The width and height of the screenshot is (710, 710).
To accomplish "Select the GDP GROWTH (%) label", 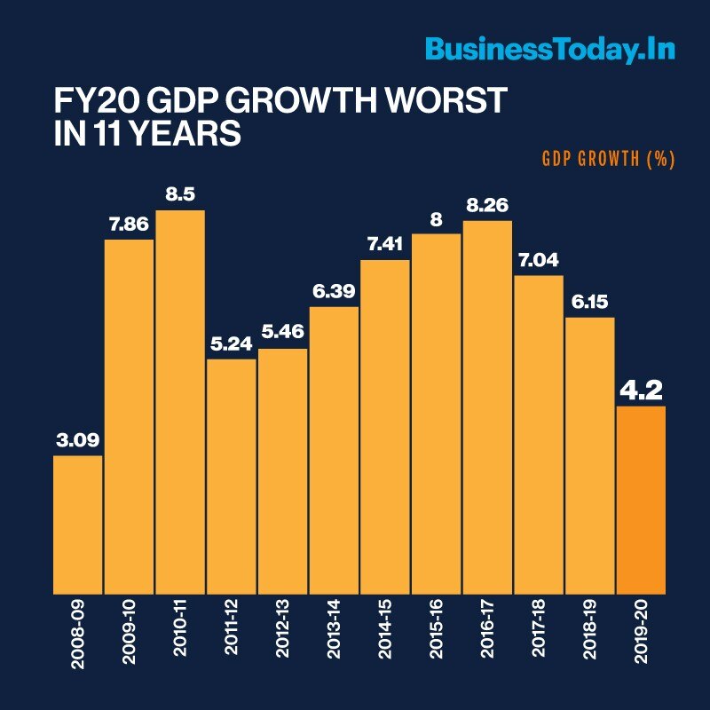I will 608,160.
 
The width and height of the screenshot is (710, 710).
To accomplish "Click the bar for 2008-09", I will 77,524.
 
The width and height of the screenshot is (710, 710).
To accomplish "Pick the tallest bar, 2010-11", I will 180,399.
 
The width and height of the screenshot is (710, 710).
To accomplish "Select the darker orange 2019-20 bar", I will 641,499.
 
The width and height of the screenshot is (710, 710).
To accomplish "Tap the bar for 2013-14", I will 334,449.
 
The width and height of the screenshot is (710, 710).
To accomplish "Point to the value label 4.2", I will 641,389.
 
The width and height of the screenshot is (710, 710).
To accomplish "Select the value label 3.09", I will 77,440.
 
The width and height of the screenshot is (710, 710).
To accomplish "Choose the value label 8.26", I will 487,205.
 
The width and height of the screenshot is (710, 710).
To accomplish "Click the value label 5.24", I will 232,343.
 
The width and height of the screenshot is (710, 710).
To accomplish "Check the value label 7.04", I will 539,260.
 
